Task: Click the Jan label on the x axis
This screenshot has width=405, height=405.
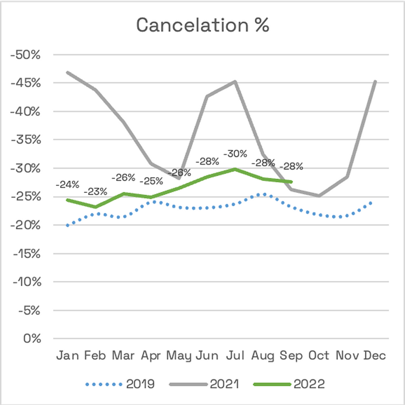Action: (x=67, y=355)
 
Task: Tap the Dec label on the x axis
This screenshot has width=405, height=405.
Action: (x=375, y=355)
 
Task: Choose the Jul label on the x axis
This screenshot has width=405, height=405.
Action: (x=235, y=355)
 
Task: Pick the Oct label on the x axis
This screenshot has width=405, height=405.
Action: (x=319, y=355)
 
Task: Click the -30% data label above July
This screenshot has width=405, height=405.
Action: (x=236, y=154)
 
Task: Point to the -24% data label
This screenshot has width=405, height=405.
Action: (x=68, y=185)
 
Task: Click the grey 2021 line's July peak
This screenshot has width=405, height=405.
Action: (x=236, y=81)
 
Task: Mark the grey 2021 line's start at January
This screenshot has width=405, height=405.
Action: (x=68, y=72)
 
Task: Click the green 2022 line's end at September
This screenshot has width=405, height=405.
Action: (x=292, y=182)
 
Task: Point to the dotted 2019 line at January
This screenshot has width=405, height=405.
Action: (x=68, y=225)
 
